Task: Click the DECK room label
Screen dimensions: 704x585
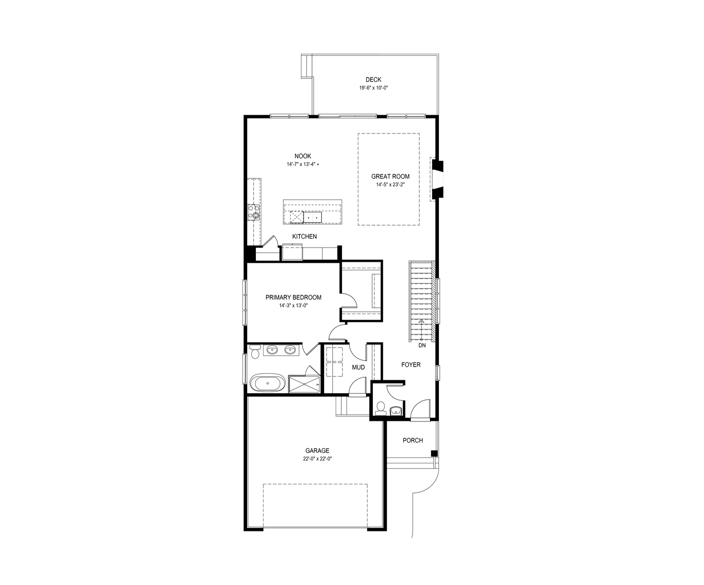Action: pos(373,80)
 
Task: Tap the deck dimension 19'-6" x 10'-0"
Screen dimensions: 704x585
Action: pos(373,88)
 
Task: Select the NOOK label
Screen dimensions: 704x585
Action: pos(303,157)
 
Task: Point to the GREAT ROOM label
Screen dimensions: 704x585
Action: pos(390,177)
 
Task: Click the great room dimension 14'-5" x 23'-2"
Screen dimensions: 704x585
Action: pos(390,185)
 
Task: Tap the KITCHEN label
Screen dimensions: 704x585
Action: pos(305,237)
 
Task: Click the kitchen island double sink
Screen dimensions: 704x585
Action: pos(312,217)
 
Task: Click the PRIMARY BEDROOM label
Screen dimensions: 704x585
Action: pos(293,298)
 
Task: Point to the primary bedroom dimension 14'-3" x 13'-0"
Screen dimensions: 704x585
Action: pos(293,306)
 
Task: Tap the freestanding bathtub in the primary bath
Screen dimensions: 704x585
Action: pos(267,383)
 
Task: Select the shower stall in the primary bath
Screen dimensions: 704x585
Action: pos(304,383)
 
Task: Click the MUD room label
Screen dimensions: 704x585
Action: pos(358,368)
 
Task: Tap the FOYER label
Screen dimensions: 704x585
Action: pos(411,365)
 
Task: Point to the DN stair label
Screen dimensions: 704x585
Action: pos(422,345)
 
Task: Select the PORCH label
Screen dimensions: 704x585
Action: pos(413,440)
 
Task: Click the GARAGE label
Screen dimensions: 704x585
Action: pos(317,451)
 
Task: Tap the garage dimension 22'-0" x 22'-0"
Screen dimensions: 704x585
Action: pos(317,459)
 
